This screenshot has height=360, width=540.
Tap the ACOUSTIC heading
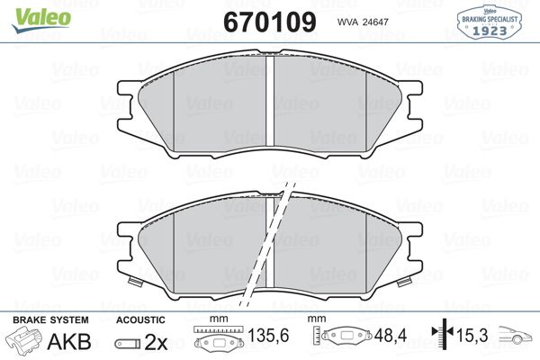click(140, 320)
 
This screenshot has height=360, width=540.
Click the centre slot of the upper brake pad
click(272, 100)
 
